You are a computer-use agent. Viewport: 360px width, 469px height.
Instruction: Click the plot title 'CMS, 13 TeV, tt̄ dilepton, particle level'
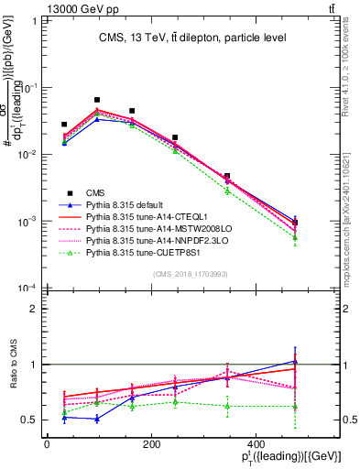click(192, 38)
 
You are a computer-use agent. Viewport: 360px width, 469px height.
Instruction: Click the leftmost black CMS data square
click(64, 125)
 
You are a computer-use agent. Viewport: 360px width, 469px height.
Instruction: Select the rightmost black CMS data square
click(295, 223)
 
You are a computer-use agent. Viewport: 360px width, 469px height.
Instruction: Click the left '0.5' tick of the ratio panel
click(28, 420)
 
